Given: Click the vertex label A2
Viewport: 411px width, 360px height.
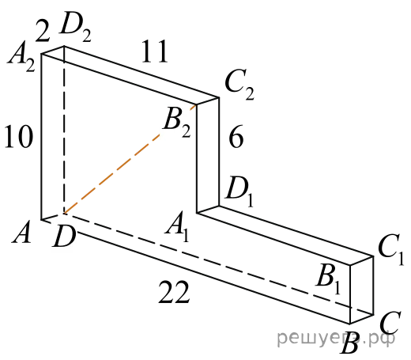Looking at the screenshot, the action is point(21,61).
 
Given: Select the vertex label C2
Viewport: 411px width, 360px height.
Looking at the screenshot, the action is point(239,85).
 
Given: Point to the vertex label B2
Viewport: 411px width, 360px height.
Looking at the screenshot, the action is point(177,124).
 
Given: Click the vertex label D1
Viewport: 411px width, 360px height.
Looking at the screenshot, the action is point(239,192).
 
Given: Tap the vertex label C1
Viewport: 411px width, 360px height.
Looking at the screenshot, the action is point(391,250).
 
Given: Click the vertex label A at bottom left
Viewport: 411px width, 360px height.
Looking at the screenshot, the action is point(21,233).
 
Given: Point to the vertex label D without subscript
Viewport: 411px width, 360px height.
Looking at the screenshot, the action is point(64,237).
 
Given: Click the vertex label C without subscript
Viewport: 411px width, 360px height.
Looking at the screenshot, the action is point(390,323).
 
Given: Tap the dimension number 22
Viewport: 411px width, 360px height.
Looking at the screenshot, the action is point(174,291).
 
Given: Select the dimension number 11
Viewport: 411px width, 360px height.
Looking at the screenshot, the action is point(154,51).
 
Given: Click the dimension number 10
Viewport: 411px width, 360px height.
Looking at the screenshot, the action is point(19,136).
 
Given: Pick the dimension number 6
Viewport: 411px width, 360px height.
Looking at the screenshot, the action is point(236,137).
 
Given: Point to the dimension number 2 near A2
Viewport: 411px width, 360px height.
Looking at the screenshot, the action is point(43,31).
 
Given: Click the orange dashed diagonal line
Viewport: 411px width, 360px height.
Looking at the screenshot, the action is point(130,159).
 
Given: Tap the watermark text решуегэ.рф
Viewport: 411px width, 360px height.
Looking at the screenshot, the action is point(336,338).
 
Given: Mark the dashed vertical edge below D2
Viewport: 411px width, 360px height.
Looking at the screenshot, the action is point(64,130).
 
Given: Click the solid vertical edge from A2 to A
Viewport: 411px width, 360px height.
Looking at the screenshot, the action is point(41,137).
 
